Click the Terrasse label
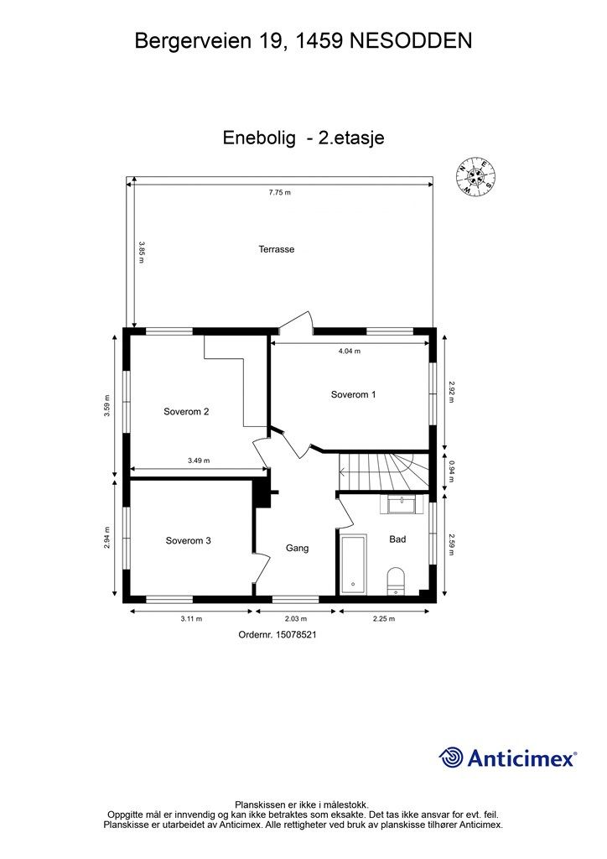pyautogui.click(x=277, y=249)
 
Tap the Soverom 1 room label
pyautogui.click(x=353, y=394)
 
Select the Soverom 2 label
pyautogui.click(x=186, y=411)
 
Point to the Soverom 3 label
pyautogui.click(x=188, y=541)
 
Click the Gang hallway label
pyautogui.click(x=298, y=548)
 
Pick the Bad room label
pyautogui.click(x=397, y=539)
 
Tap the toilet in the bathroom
pyautogui.click(x=396, y=581)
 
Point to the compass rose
pyautogui.click(x=475, y=177)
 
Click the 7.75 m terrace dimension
pyautogui.click(x=279, y=193)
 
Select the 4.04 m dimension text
pyautogui.click(x=350, y=351)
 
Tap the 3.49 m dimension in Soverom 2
pyautogui.click(x=199, y=461)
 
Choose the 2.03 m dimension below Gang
pyautogui.click(x=296, y=618)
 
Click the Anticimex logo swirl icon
pyautogui.click(x=451, y=757)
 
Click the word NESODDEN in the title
pyautogui.click(x=413, y=39)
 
